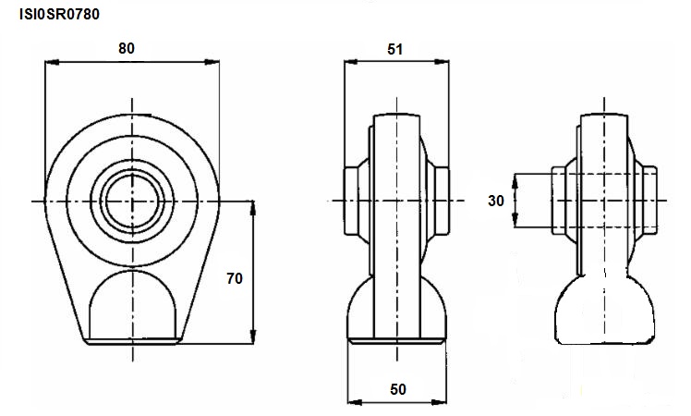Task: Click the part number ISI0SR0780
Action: click(59, 14)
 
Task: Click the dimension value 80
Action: click(127, 48)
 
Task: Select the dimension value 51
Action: click(394, 49)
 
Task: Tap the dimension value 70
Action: click(235, 278)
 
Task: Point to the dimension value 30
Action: click(496, 201)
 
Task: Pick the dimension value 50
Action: click(398, 389)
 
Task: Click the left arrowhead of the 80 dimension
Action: click(52, 62)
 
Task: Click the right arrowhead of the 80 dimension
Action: click(212, 62)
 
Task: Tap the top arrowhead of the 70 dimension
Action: click(252, 208)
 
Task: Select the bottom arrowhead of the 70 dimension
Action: click(252, 336)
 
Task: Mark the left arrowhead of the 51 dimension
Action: click(352, 62)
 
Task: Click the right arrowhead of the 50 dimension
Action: click(439, 402)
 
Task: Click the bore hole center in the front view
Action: click(132, 202)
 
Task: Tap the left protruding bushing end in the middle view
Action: click(351, 201)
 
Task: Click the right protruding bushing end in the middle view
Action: click(442, 201)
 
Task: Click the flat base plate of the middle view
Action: click(396, 340)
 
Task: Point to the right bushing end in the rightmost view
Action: click(650, 201)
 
